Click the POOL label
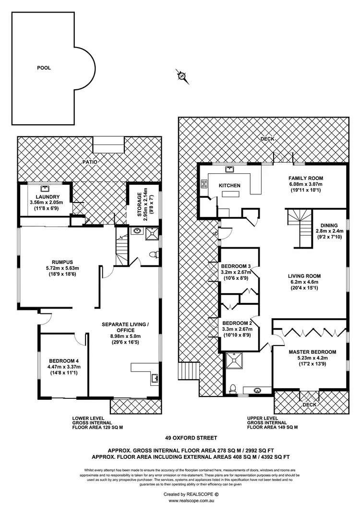[x=44, y=68]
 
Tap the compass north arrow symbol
[x=181, y=75]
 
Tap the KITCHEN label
[x=229, y=185]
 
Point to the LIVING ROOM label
[x=304, y=276]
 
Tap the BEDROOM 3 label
[x=236, y=266]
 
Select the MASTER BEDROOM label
[x=312, y=352]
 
